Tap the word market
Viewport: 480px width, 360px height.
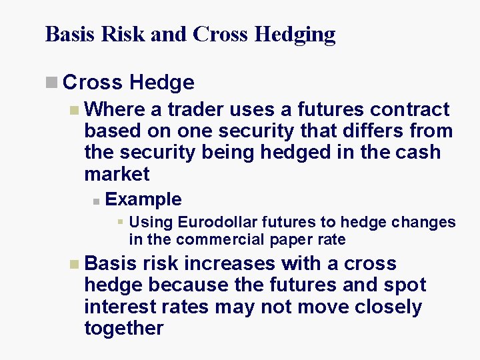point(117,174)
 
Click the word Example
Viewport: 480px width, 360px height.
point(143,199)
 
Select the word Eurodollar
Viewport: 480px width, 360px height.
point(217,222)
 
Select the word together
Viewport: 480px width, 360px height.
point(123,328)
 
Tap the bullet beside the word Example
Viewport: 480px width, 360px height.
point(96,200)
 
